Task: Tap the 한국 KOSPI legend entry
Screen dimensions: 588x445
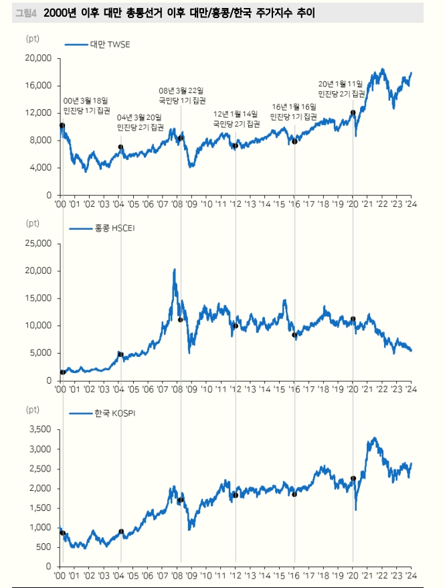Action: [x=105, y=414]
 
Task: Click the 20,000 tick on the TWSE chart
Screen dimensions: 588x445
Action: [x=38, y=58]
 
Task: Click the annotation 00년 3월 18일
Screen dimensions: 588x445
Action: [x=85, y=100]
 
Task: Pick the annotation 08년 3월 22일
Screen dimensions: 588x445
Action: [x=181, y=90]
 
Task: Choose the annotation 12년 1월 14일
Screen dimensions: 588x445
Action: [x=236, y=115]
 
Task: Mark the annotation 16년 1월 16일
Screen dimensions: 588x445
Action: [x=294, y=106]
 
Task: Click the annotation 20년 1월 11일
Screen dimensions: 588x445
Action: [x=340, y=84]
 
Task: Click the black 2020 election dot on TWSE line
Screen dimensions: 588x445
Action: [x=353, y=113]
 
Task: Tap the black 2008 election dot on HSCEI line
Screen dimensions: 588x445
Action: [x=181, y=319]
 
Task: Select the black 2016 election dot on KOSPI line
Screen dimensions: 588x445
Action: [x=294, y=494]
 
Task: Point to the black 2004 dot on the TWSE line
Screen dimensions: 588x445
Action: [x=120, y=147]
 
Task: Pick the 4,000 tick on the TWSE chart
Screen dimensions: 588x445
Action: [x=41, y=167]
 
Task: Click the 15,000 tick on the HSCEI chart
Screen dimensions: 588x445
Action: [x=38, y=298]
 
